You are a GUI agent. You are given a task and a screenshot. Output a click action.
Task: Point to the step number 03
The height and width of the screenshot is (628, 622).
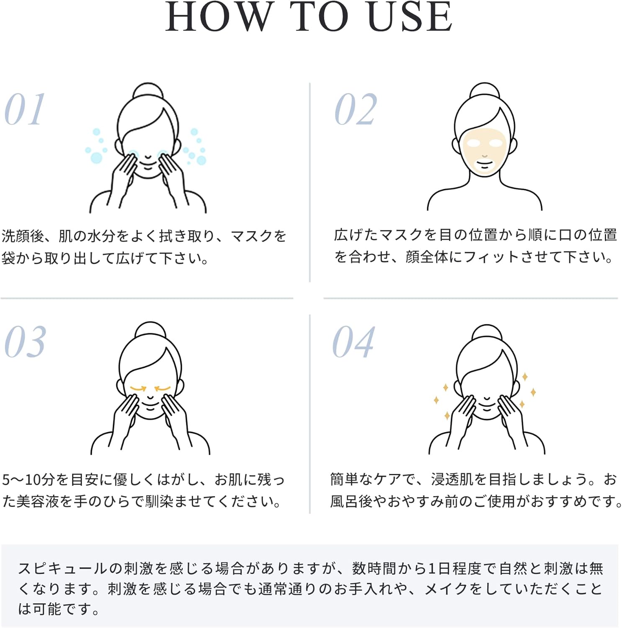click(25, 342)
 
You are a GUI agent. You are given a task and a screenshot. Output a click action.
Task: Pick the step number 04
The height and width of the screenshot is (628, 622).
click(353, 342)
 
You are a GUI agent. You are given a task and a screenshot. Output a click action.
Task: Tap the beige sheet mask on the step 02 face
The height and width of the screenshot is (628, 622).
click(485, 149)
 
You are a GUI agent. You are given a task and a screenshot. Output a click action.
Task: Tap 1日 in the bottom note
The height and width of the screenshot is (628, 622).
click(439, 568)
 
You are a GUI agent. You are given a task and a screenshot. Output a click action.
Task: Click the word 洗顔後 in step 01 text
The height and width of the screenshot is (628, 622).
click(23, 236)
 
